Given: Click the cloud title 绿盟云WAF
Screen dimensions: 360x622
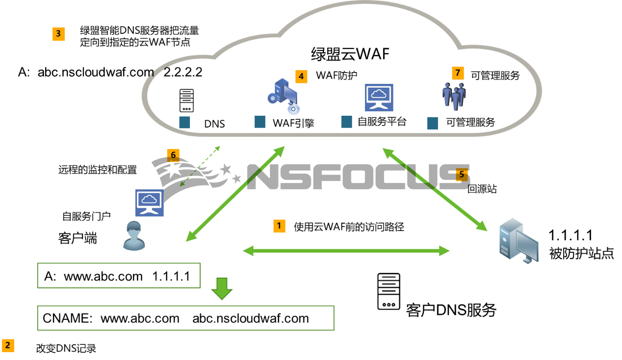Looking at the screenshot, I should coord(350,53).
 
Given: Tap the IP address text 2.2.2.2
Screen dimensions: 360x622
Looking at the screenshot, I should coord(182,73).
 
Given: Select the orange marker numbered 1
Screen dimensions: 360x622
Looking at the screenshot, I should coord(279,226).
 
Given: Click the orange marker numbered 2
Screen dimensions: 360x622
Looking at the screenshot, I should coord(8,346).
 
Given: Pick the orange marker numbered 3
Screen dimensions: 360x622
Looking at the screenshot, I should coord(58,34).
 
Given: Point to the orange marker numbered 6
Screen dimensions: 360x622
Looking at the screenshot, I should coord(173,155).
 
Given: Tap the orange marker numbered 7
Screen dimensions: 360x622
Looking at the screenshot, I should coord(458,73).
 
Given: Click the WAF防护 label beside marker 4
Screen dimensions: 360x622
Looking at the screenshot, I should coord(337,76).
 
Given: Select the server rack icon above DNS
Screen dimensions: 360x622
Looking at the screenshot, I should coord(186,101).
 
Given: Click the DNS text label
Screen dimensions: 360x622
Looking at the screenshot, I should coord(214,124).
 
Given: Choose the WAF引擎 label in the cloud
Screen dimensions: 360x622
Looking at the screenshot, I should coord(293,123).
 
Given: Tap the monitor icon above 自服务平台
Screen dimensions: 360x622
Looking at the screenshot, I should coord(379,98).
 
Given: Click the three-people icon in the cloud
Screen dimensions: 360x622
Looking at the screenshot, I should coord(454,96).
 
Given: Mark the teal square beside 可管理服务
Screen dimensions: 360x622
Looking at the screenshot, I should coord(432,123).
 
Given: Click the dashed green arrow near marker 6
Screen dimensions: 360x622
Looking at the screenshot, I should coord(200,165).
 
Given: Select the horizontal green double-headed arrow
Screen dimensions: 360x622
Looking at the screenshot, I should coord(346,251).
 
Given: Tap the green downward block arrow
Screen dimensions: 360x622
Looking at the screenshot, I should coord(222,289).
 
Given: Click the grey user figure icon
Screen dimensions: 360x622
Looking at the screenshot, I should coord(133,236).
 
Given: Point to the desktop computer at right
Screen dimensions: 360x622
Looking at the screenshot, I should coord(518,241).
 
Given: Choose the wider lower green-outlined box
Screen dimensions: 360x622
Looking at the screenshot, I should coord(185,318).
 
